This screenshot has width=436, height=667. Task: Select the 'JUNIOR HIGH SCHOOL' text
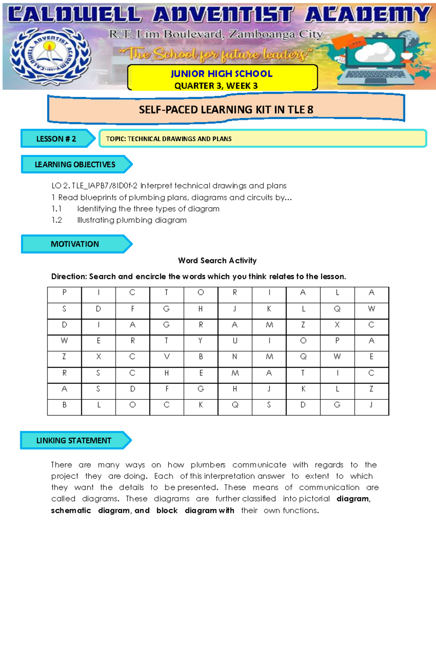pos(222,74)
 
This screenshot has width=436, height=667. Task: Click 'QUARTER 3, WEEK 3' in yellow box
pos(216,86)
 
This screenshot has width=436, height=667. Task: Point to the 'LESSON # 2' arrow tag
pos(57,139)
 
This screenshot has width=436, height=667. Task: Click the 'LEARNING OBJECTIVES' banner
pos(75,164)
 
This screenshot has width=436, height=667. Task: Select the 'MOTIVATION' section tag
pos(75,244)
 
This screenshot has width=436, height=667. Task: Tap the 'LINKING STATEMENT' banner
pos(74,441)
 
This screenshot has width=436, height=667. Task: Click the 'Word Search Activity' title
pos(217,261)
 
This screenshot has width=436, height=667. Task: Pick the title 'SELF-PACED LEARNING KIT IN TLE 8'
pos(226,109)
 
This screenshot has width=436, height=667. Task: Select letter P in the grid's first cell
pos(64,293)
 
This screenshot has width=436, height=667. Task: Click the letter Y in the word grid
pos(201,341)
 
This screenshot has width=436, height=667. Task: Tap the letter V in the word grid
pos(167,357)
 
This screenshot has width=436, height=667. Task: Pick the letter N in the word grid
pos(235,357)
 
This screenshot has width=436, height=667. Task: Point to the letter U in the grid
pos(235,341)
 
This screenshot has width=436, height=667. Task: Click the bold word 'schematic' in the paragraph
pos(71,510)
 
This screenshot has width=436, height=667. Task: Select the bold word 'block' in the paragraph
pos(167,510)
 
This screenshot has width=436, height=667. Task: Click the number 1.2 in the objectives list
pos(57,220)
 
